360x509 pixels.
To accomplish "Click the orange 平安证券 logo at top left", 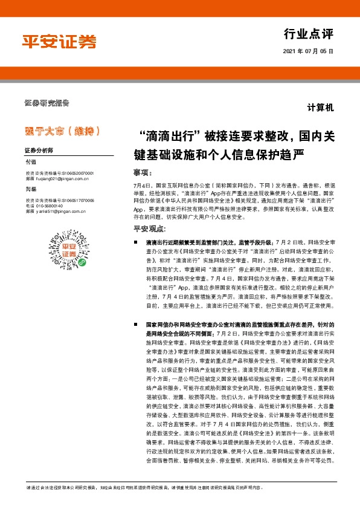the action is tap(59, 42).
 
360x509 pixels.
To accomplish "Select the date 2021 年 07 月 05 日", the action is tap(308, 52).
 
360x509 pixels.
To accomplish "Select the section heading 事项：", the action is tap(142, 171).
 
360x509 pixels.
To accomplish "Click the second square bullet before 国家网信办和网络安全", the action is tap(138, 325).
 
